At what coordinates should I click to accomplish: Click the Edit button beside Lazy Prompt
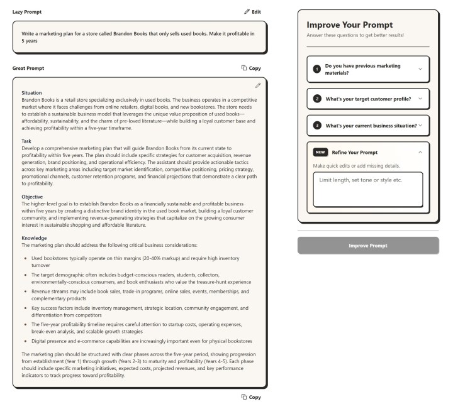(252, 12)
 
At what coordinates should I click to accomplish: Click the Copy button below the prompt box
(251, 397)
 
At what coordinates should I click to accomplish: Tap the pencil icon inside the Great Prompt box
(258, 85)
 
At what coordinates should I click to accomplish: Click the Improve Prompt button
(368, 245)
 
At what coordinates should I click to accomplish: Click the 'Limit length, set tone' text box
(368, 189)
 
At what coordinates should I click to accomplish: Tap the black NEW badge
(320, 152)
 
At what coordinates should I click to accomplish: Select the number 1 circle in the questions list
(317, 69)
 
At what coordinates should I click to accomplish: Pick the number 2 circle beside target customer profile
(317, 99)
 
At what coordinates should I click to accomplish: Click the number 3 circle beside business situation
(317, 125)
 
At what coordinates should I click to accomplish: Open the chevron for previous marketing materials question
(420, 69)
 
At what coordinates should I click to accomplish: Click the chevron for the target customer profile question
(420, 99)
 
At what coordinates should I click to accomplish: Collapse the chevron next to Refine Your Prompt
(420, 152)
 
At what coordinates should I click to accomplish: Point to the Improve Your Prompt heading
(349, 25)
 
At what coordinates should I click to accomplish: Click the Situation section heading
(31, 92)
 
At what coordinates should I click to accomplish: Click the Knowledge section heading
(34, 238)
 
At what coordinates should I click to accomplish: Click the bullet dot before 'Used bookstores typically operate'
(25, 258)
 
